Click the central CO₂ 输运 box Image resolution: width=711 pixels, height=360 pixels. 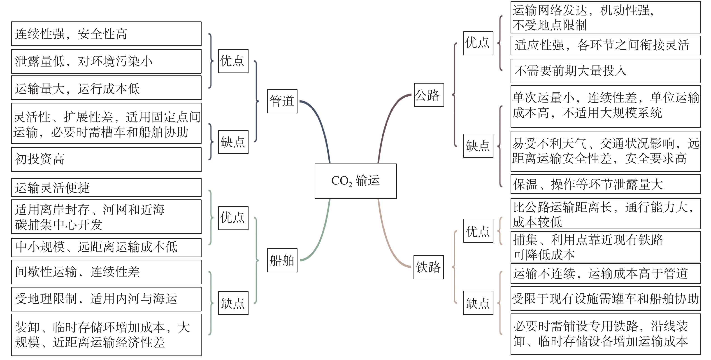pos(355,181)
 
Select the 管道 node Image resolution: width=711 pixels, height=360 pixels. pos(282,101)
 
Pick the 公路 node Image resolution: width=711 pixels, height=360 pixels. pos(429,95)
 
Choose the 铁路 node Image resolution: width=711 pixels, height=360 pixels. pos(428,267)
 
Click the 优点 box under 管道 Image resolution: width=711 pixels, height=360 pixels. pos(233,61)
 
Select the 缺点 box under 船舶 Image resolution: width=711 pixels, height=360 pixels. pos(233,303)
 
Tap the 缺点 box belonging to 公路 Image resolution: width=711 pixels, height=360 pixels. pos(478,145)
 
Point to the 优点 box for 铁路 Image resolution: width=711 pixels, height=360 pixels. pos(478,231)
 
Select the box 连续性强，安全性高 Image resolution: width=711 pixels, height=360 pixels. pos(106,34)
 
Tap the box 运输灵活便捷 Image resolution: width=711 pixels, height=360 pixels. pos(106,187)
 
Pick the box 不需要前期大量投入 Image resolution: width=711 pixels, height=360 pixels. pos(606,71)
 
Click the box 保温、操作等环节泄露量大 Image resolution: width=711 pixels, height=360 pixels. pos(606,184)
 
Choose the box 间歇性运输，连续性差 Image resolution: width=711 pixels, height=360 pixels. pos(106,272)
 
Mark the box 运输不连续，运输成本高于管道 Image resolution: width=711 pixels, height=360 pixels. pos(606,274)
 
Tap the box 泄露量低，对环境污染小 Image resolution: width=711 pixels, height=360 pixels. pos(106,61)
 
